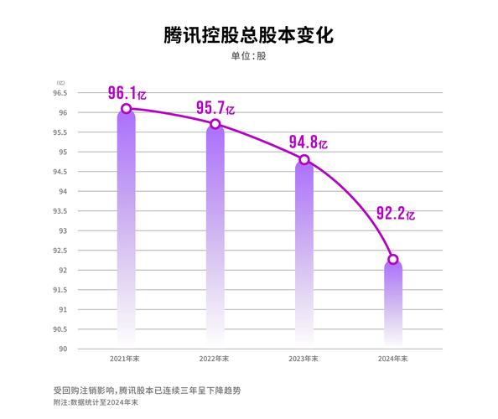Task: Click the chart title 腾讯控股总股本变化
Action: coord(248,36)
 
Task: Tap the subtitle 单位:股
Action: coord(248,58)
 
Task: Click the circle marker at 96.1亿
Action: coord(126,108)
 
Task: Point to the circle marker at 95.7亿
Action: coord(215,124)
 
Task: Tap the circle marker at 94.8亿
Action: coord(303,159)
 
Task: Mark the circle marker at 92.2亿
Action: coord(392,259)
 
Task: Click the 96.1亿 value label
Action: coord(127,92)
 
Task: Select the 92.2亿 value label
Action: coord(395,214)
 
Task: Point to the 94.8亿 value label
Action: coord(308,142)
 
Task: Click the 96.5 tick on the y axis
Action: coord(62,93)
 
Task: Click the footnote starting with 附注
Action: coord(96,403)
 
